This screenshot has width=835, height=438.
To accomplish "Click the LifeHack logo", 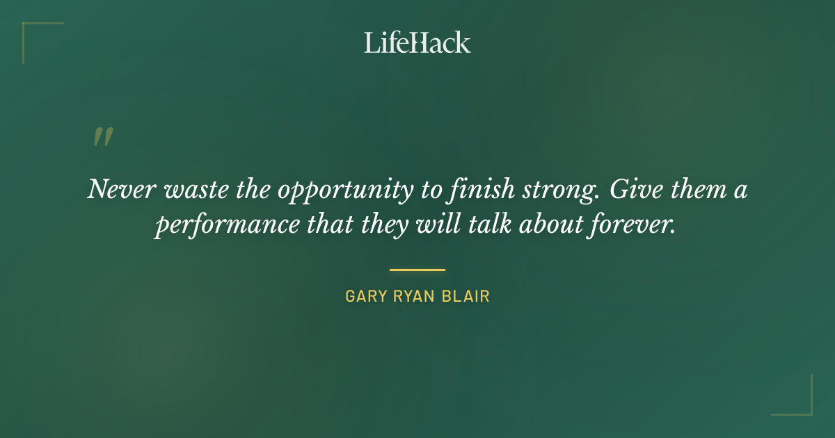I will click(x=417, y=42).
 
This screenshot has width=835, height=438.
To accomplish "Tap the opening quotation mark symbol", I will click(x=102, y=137).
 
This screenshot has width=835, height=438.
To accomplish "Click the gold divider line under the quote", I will click(x=417, y=270).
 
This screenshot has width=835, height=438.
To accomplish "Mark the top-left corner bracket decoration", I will click(x=31, y=31).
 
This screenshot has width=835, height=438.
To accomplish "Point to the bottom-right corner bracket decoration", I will click(x=803, y=407).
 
